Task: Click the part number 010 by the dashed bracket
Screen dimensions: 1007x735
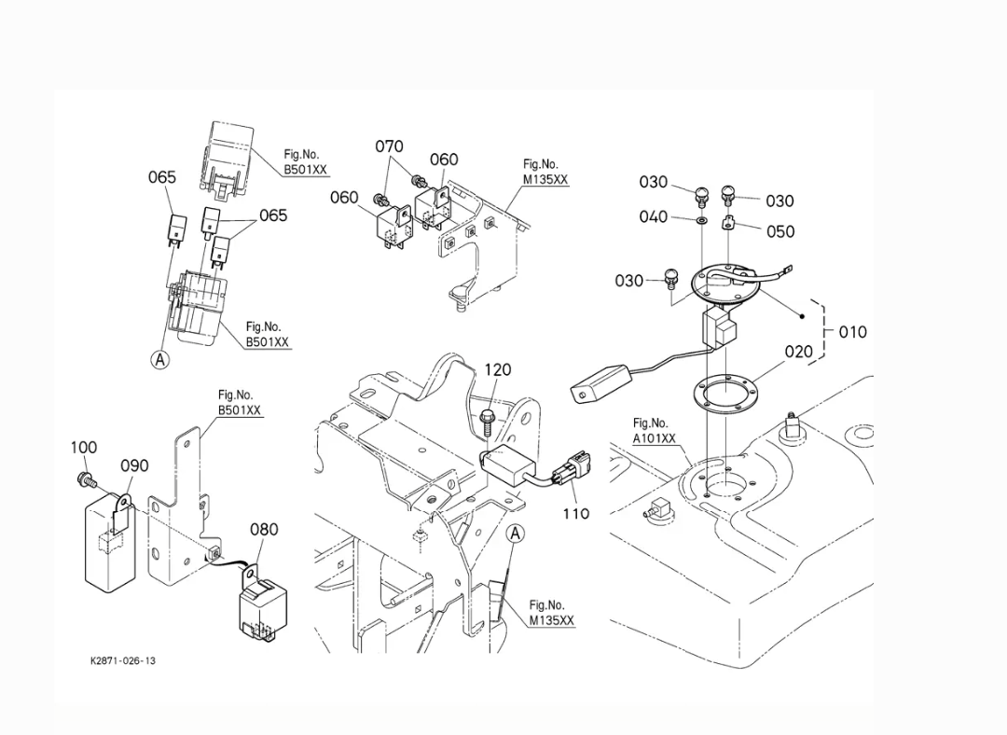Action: [853, 332]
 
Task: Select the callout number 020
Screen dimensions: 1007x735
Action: [799, 352]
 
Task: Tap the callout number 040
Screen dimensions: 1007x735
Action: [653, 216]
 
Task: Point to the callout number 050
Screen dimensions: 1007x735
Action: [780, 231]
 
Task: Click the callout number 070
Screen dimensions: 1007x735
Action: [389, 146]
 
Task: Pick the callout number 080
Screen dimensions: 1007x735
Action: [264, 530]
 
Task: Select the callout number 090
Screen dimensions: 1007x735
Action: [135, 465]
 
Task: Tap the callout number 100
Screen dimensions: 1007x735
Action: [84, 447]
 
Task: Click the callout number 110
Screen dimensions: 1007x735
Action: [576, 513]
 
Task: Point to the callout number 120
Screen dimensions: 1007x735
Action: [498, 369]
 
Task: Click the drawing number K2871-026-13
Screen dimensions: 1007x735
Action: [123, 660]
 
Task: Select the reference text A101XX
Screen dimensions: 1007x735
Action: [655, 438]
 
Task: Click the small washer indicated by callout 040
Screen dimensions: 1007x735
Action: [702, 221]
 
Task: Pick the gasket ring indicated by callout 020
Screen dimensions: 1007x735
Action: [724, 391]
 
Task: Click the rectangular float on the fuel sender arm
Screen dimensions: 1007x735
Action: [600, 383]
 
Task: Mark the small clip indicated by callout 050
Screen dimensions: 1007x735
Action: [728, 222]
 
